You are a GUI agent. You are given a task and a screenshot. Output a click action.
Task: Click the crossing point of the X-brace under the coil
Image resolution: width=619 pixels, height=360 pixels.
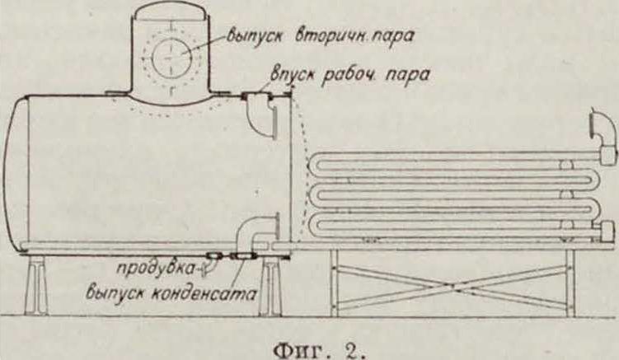point(451,283)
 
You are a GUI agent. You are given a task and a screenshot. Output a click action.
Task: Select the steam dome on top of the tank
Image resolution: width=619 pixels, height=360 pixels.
point(173,49)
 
